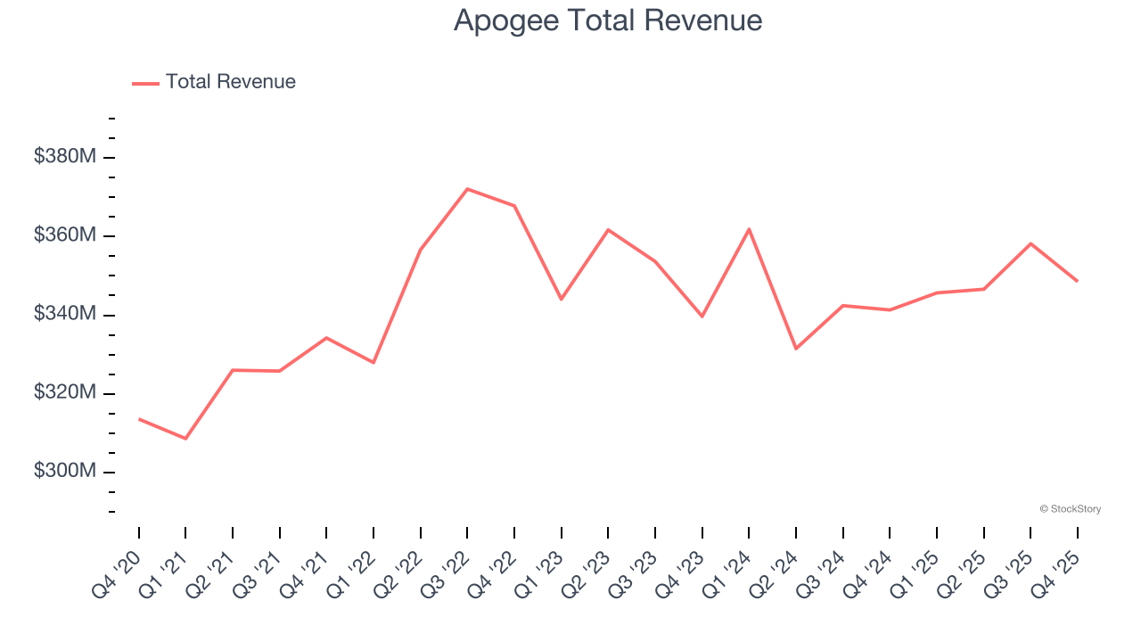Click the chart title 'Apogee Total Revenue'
coord(608,21)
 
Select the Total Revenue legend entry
coord(214,82)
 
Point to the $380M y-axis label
coord(65,157)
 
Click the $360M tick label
coord(65,235)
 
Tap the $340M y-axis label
coord(65,314)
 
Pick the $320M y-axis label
coord(65,392)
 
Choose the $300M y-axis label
coord(65,471)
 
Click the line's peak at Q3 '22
coord(467,189)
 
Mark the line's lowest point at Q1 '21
coord(185,439)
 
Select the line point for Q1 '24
coord(749,229)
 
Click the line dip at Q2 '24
coord(796,349)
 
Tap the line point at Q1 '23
coord(561,299)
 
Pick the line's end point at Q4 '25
coord(1077,281)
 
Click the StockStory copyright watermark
coord(1070,509)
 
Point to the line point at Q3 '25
coord(1030,243)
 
